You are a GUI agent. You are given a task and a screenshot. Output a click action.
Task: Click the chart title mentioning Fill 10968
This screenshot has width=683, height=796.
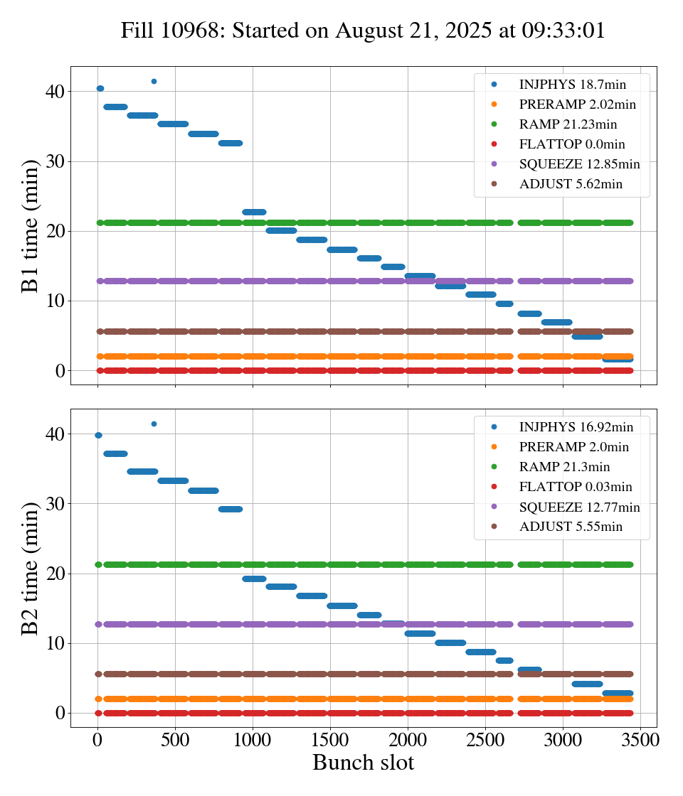[x=363, y=31]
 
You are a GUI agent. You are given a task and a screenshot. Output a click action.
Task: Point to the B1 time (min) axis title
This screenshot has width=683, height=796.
[x=30, y=225]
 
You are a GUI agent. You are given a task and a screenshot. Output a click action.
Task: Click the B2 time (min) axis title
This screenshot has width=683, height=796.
[x=30, y=568]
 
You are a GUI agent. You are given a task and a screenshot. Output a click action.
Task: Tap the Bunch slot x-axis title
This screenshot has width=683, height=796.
[x=363, y=763]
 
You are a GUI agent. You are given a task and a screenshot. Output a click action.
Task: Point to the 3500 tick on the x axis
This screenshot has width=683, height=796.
[x=640, y=739]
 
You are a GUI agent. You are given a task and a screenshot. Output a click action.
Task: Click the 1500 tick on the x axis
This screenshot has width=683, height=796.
[x=330, y=739]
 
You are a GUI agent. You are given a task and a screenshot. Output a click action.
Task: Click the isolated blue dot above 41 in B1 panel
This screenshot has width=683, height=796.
[x=154, y=81]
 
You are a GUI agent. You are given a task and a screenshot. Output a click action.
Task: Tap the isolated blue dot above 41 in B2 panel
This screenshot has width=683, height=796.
[x=154, y=424]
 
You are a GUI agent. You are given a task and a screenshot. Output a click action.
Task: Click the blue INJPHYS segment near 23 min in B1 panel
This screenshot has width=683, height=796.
[x=254, y=212]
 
